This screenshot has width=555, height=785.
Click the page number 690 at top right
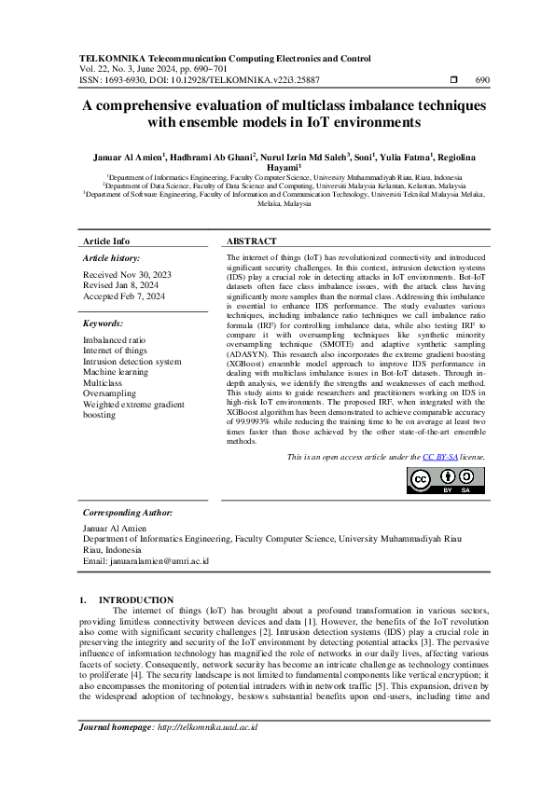click(x=482, y=80)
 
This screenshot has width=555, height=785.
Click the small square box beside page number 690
click(x=454, y=80)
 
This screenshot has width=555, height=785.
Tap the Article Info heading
click(x=106, y=241)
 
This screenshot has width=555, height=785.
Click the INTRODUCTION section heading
click(x=135, y=599)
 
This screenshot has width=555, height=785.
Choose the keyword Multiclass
click(x=103, y=382)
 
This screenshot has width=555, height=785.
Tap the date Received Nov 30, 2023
click(x=127, y=276)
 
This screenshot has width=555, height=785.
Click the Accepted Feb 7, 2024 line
click(x=125, y=296)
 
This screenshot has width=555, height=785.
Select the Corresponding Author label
click(x=128, y=513)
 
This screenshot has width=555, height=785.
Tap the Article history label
click(x=112, y=256)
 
